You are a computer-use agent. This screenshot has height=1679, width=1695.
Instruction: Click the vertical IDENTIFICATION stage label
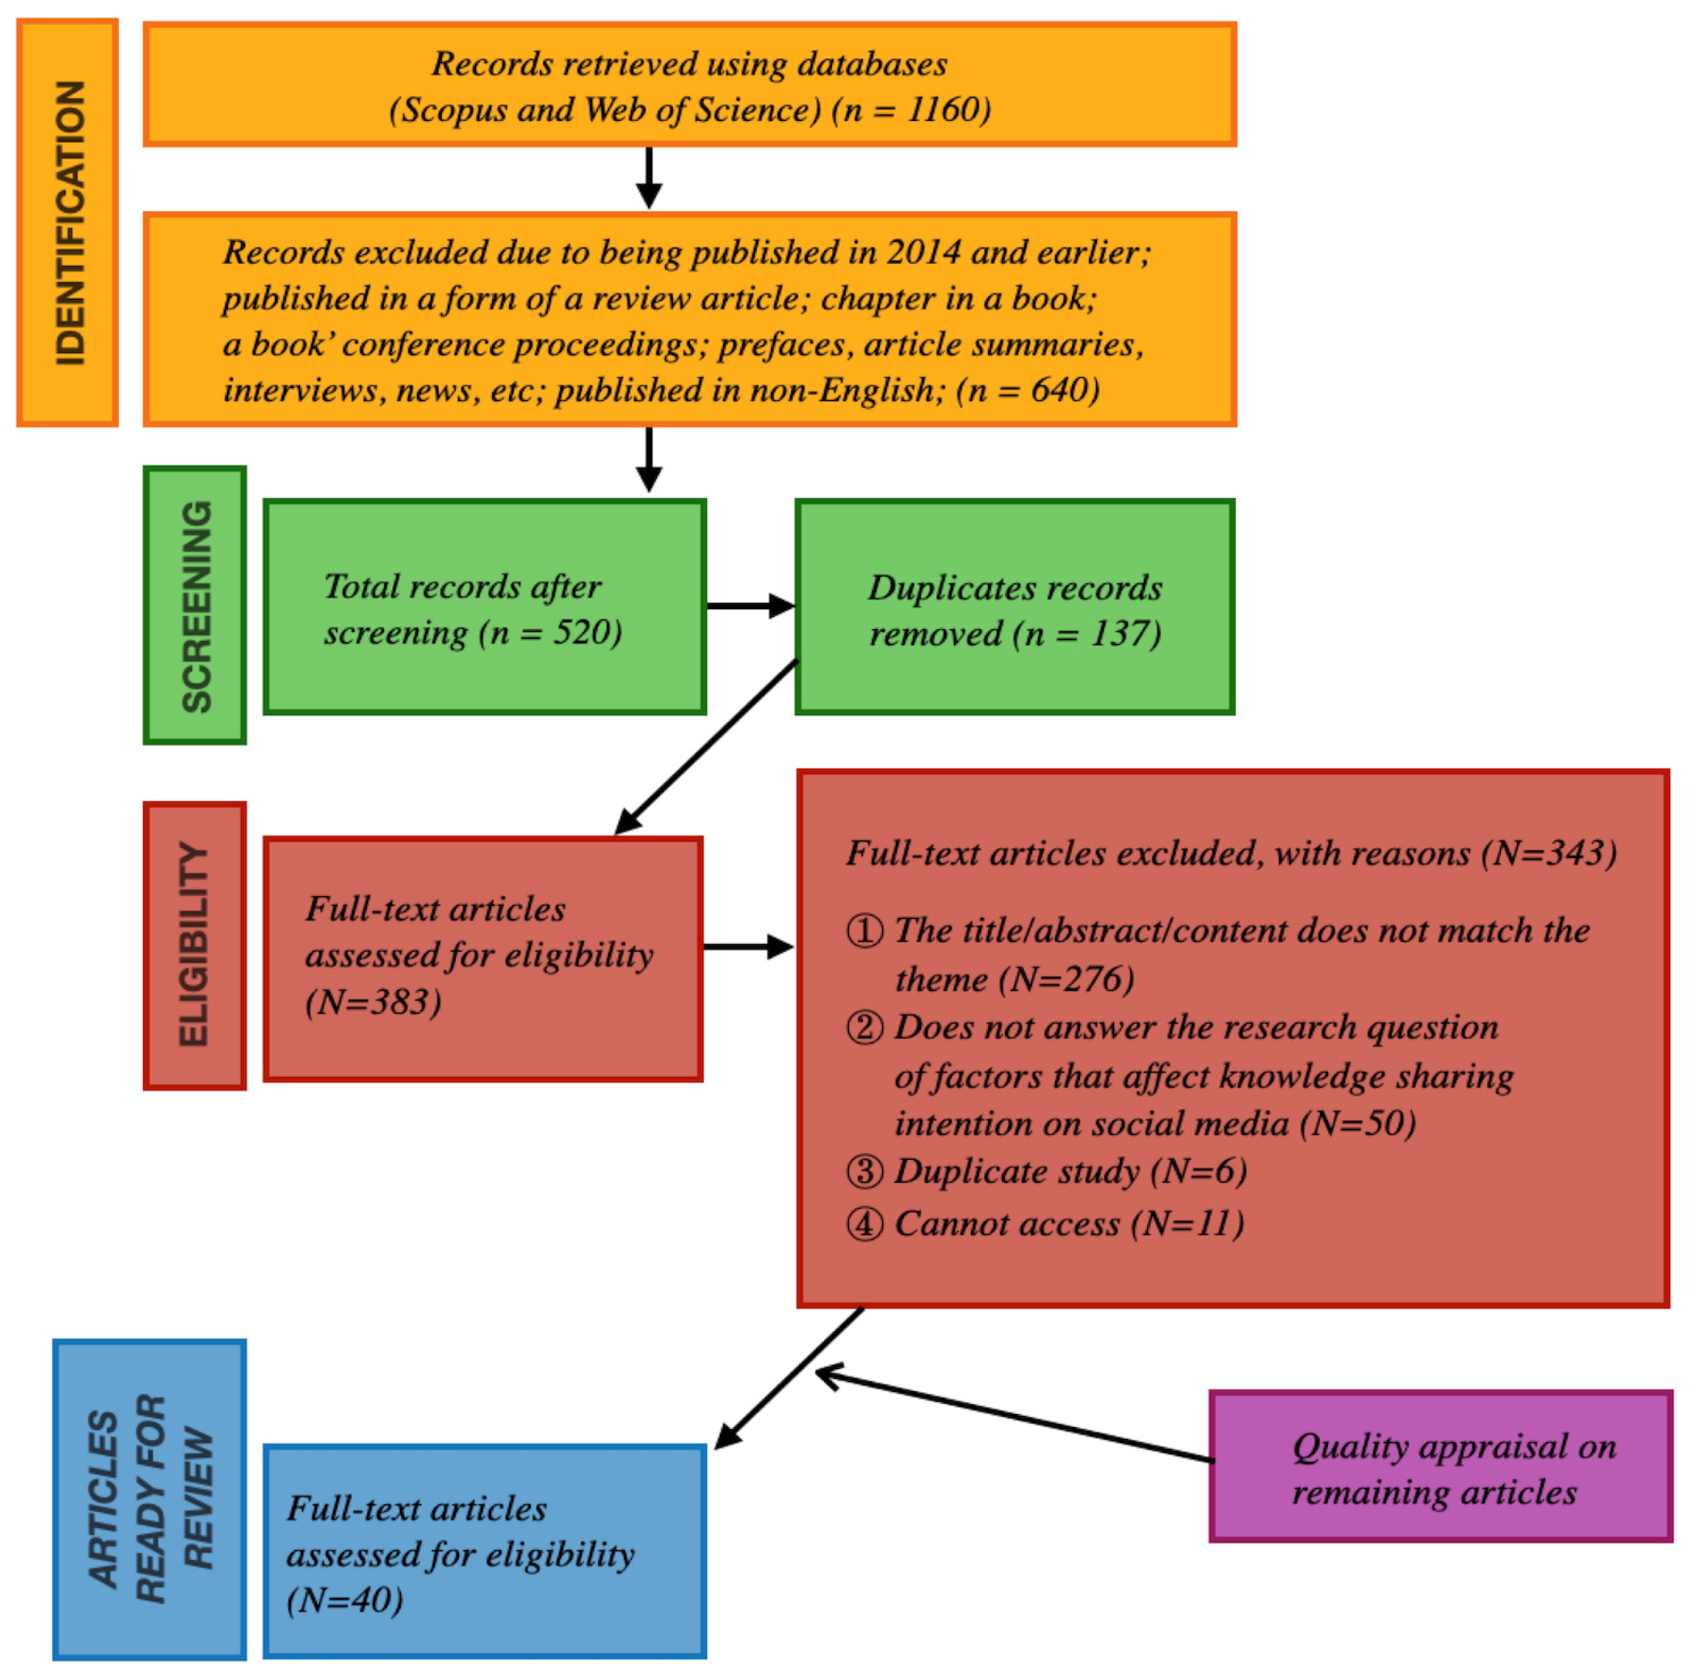click(68, 223)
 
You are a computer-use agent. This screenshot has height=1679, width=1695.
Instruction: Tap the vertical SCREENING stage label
click(195, 605)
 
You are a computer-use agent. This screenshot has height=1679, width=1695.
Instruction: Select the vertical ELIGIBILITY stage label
click(195, 945)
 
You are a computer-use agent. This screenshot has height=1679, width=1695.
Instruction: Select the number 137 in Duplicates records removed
click(1119, 634)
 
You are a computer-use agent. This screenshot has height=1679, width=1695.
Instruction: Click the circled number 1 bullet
click(865, 930)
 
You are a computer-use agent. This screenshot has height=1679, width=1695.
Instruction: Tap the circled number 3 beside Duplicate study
click(865, 1172)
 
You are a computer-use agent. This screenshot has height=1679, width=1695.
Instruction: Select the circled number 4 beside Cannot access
click(865, 1224)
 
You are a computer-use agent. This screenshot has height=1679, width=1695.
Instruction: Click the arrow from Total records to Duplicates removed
click(750, 605)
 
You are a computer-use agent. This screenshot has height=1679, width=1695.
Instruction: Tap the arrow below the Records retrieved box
click(649, 178)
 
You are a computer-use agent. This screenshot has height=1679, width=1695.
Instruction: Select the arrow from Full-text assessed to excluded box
click(749, 947)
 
